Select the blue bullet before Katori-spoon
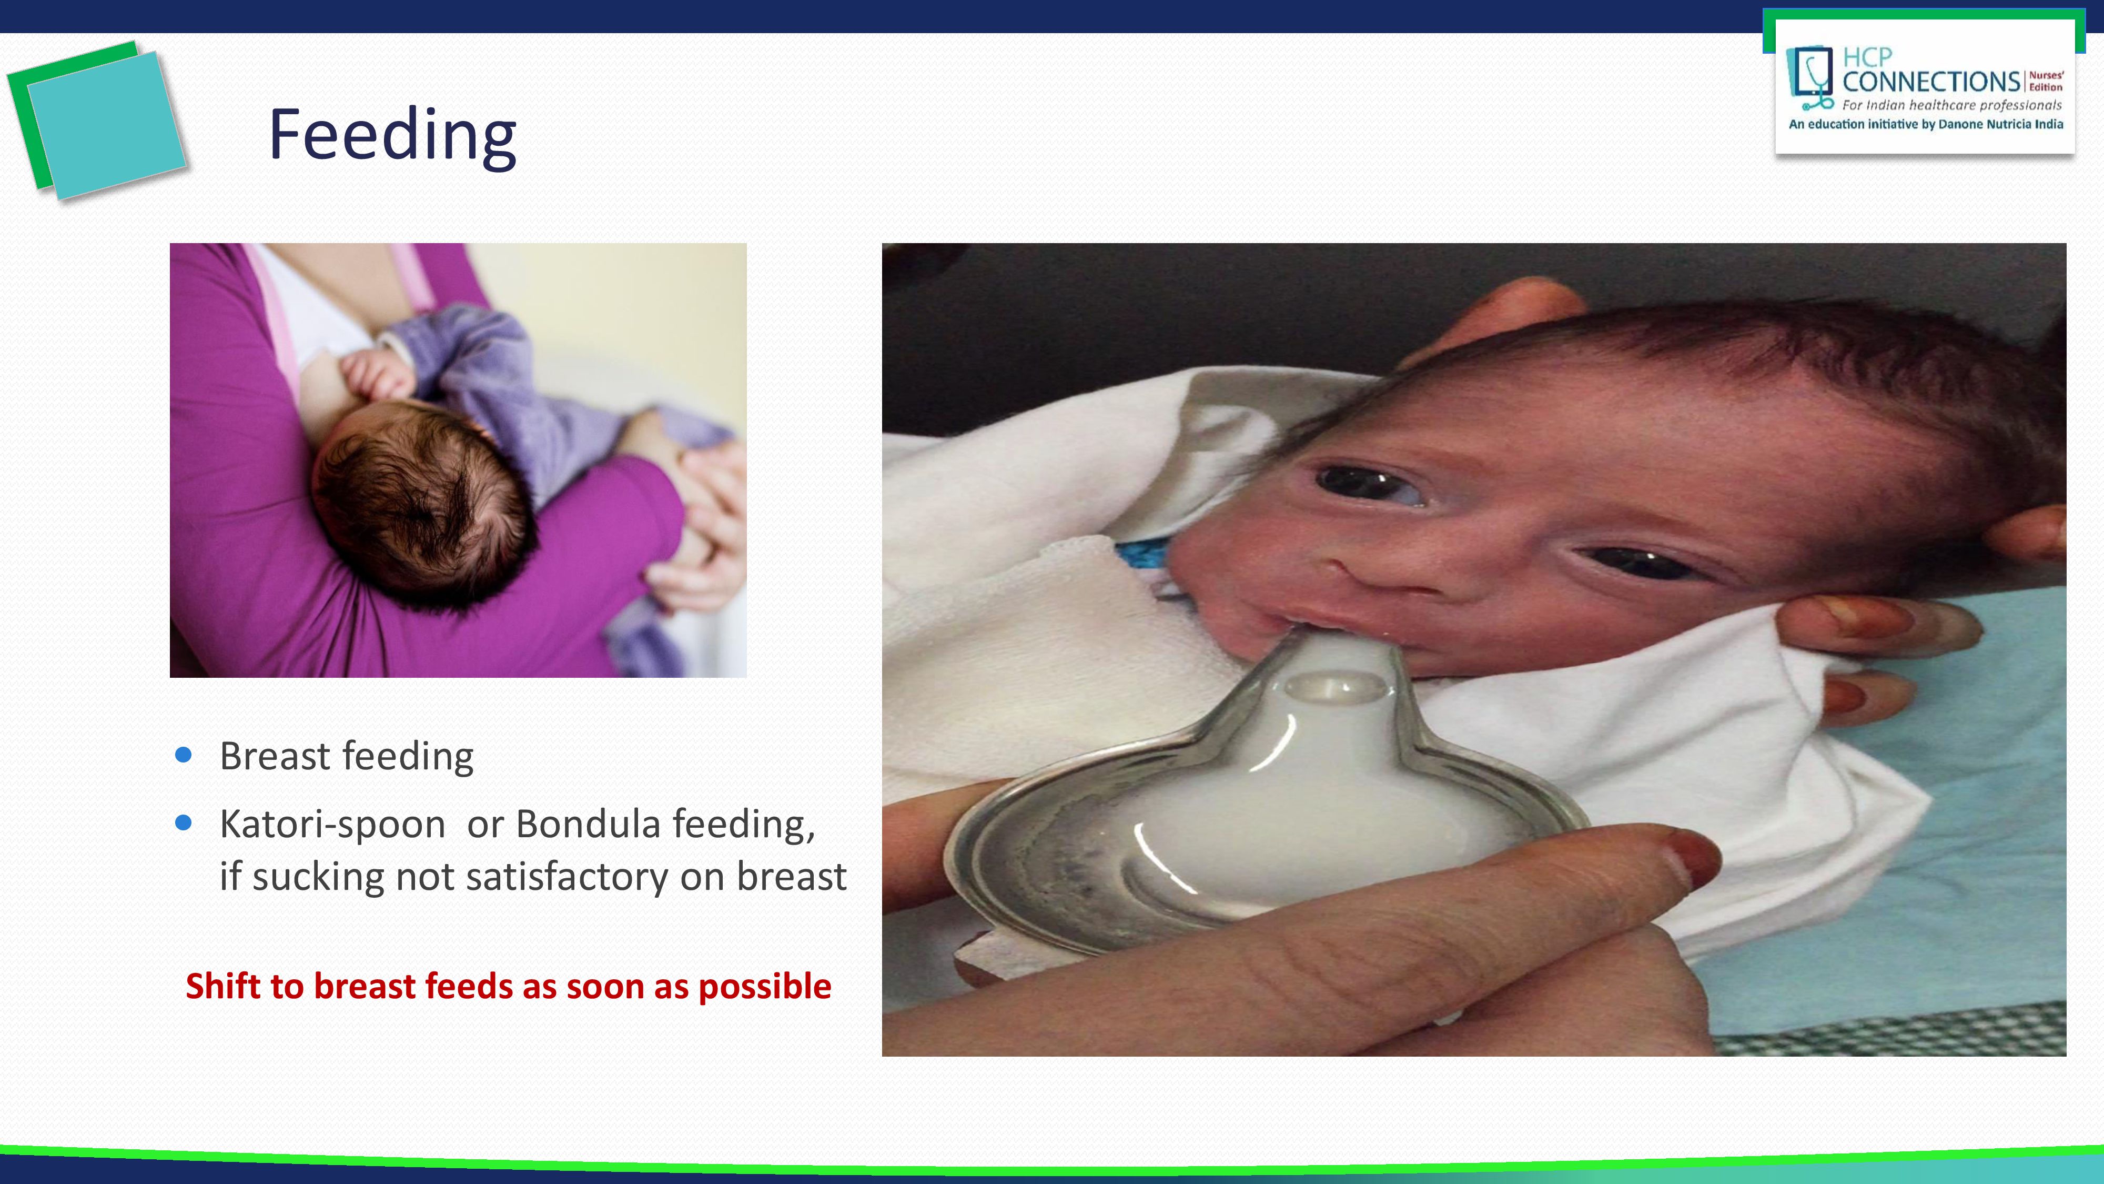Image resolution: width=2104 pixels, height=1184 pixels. click(x=184, y=823)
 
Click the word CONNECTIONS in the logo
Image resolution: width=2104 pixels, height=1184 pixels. click(x=1931, y=82)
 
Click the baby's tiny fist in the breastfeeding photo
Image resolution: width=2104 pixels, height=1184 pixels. click(x=377, y=374)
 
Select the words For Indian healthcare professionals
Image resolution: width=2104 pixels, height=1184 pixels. click(x=1952, y=105)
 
